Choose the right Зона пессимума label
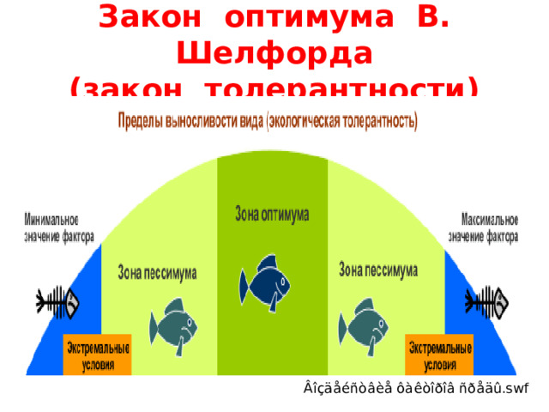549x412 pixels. pos(378,270)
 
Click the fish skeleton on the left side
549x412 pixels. pos(57,303)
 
